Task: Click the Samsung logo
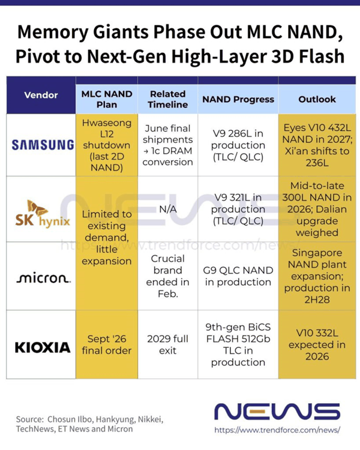(x=43, y=145)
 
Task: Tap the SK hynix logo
(x=43, y=214)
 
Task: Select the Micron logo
(x=43, y=277)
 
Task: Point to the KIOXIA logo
(x=43, y=347)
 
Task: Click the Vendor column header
(x=41, y=95)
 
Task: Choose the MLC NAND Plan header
(x=107, y=99)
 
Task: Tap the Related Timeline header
(x=168, y=99)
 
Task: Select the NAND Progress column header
(x=238, y=99)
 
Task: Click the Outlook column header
(x=317, y=99)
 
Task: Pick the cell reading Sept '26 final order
(x=107, y=344)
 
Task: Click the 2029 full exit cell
(x=168, y=344)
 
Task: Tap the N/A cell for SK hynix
(x=168, y=209)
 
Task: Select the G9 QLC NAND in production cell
(x=238, y=276)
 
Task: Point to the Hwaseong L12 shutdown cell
(x=107, y=145)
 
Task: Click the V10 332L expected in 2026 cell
(x=317, y=344)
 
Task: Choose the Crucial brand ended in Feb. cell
(x=168, y=276)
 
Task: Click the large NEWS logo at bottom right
(x=277, y=412)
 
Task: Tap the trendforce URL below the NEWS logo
(x=277, y=430)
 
